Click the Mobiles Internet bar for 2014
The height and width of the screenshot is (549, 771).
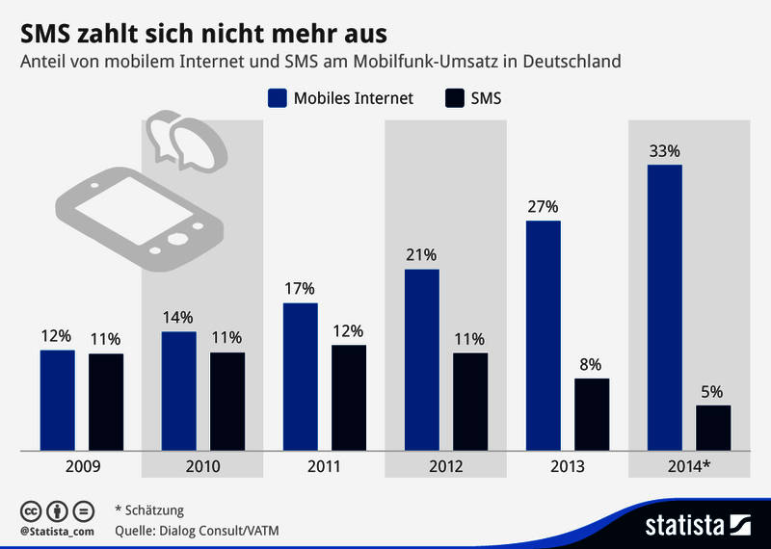pyautogui.click(x=665, y=306)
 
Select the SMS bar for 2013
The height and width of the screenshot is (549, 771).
pyautogui.click(x=592, y=413)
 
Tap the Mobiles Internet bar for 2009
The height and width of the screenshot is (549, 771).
pyautogui.click(x=57, y=399)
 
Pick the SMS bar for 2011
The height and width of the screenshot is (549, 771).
pyautogui.click(x=349, y=397)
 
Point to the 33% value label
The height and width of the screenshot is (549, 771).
pyautogui.click(x=665, y=150)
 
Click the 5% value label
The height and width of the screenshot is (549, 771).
pyautogui.click(x=712, y=391)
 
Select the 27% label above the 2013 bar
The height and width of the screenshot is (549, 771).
pyautogui.click(x=543, y=206)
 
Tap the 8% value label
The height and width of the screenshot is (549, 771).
pyautogui.click(x=591, y=364)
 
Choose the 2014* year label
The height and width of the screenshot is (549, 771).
pyautogui.click(x=689, y=466)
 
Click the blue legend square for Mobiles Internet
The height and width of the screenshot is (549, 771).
pyautogui.click(x=279, y=97)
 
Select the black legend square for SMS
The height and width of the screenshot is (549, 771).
pyautogui.click(x=454, y=97)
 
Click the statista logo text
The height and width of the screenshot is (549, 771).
pyautogui.click(x=683, y=526)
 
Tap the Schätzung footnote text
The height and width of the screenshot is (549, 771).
pyautogui.click(x=154, y=510)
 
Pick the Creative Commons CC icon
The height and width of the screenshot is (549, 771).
pyautogui.click(x=30, y=510)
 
